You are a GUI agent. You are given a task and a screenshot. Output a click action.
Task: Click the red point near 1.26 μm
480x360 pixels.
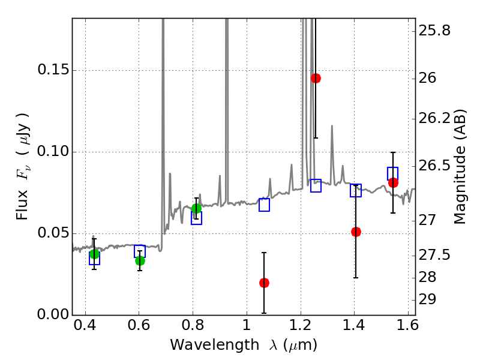coord(316,78)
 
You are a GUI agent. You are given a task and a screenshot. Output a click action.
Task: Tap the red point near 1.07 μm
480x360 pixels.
coord(264,283)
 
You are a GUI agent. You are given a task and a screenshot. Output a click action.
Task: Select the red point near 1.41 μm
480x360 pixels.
coord(356,232)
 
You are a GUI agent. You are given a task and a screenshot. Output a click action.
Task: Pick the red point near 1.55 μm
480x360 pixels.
coord(393,182)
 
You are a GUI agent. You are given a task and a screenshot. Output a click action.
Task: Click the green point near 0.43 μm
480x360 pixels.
coord(94,254)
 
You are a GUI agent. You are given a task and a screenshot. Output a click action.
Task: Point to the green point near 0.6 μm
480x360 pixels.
coord(140,260)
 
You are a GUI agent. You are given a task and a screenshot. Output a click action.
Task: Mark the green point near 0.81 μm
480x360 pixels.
coord(196,208)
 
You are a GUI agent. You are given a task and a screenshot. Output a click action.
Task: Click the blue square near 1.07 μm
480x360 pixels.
coord(264,205)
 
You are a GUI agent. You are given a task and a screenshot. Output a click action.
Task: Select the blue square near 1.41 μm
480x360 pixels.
coord(356,191)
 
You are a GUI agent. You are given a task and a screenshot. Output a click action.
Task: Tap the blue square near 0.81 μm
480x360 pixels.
coord(196,218)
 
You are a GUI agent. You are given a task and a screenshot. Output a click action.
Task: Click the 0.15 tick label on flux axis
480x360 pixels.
coord(53,70)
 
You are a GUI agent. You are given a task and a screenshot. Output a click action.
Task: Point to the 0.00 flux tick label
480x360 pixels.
coord(53,315)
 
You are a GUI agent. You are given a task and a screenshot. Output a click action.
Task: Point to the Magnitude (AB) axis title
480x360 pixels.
coord(461,166)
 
